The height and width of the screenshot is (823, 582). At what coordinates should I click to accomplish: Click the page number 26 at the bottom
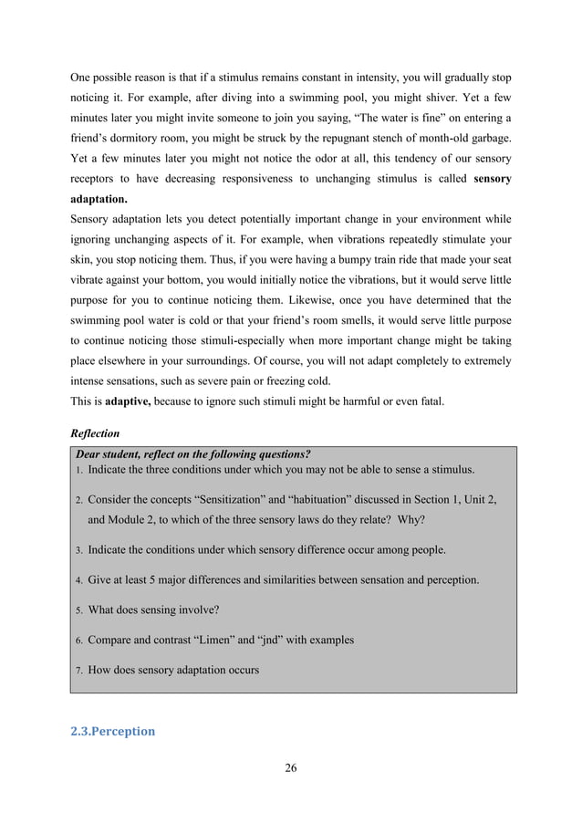pos(291,767)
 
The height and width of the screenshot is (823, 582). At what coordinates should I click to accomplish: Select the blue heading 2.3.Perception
pos(113,731)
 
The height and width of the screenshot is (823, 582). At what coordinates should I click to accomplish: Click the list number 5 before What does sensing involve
pos(78,610)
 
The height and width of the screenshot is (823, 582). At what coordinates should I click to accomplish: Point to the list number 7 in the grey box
pos(78,671)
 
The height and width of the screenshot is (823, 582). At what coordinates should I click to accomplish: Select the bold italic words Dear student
pos(109,453)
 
